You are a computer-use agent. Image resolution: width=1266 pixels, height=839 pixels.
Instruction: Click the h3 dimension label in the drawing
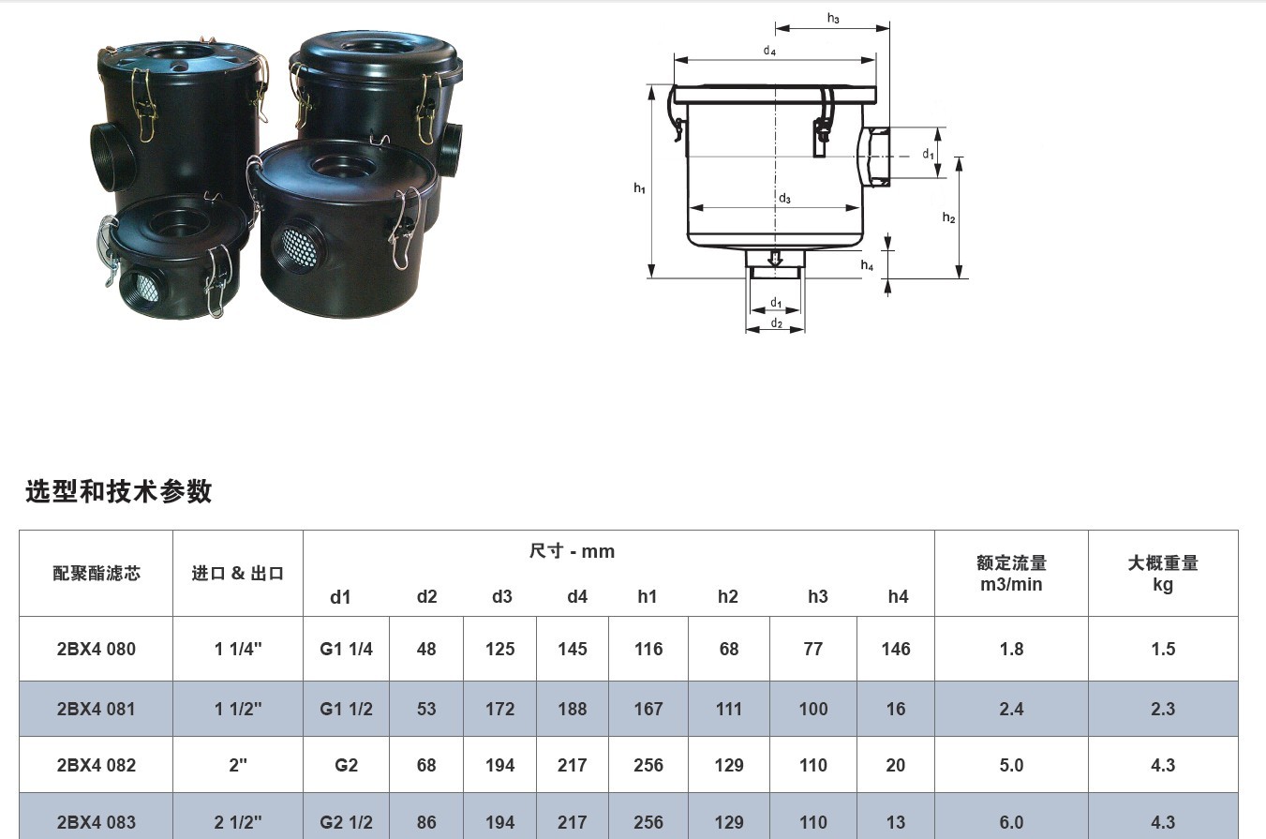point(833,19)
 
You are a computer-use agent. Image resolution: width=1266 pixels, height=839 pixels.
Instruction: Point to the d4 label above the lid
point(769,51)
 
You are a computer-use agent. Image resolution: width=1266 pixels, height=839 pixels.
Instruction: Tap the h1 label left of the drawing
point(639,187)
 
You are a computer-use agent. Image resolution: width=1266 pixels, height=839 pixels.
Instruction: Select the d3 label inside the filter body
point(784,198)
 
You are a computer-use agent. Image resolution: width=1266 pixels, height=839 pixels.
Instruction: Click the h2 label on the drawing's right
point(948,217)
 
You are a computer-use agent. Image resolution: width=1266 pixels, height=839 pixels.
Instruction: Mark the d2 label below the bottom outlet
point(777,322)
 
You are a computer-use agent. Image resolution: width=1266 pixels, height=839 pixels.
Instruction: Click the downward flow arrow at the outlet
point(775,259)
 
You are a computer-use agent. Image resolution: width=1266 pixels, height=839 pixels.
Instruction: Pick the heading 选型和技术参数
point(119,490)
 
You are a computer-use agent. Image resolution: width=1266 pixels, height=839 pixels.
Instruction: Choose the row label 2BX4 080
point(97,649)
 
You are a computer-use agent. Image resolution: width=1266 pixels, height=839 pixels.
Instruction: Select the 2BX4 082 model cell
point(97,766)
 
